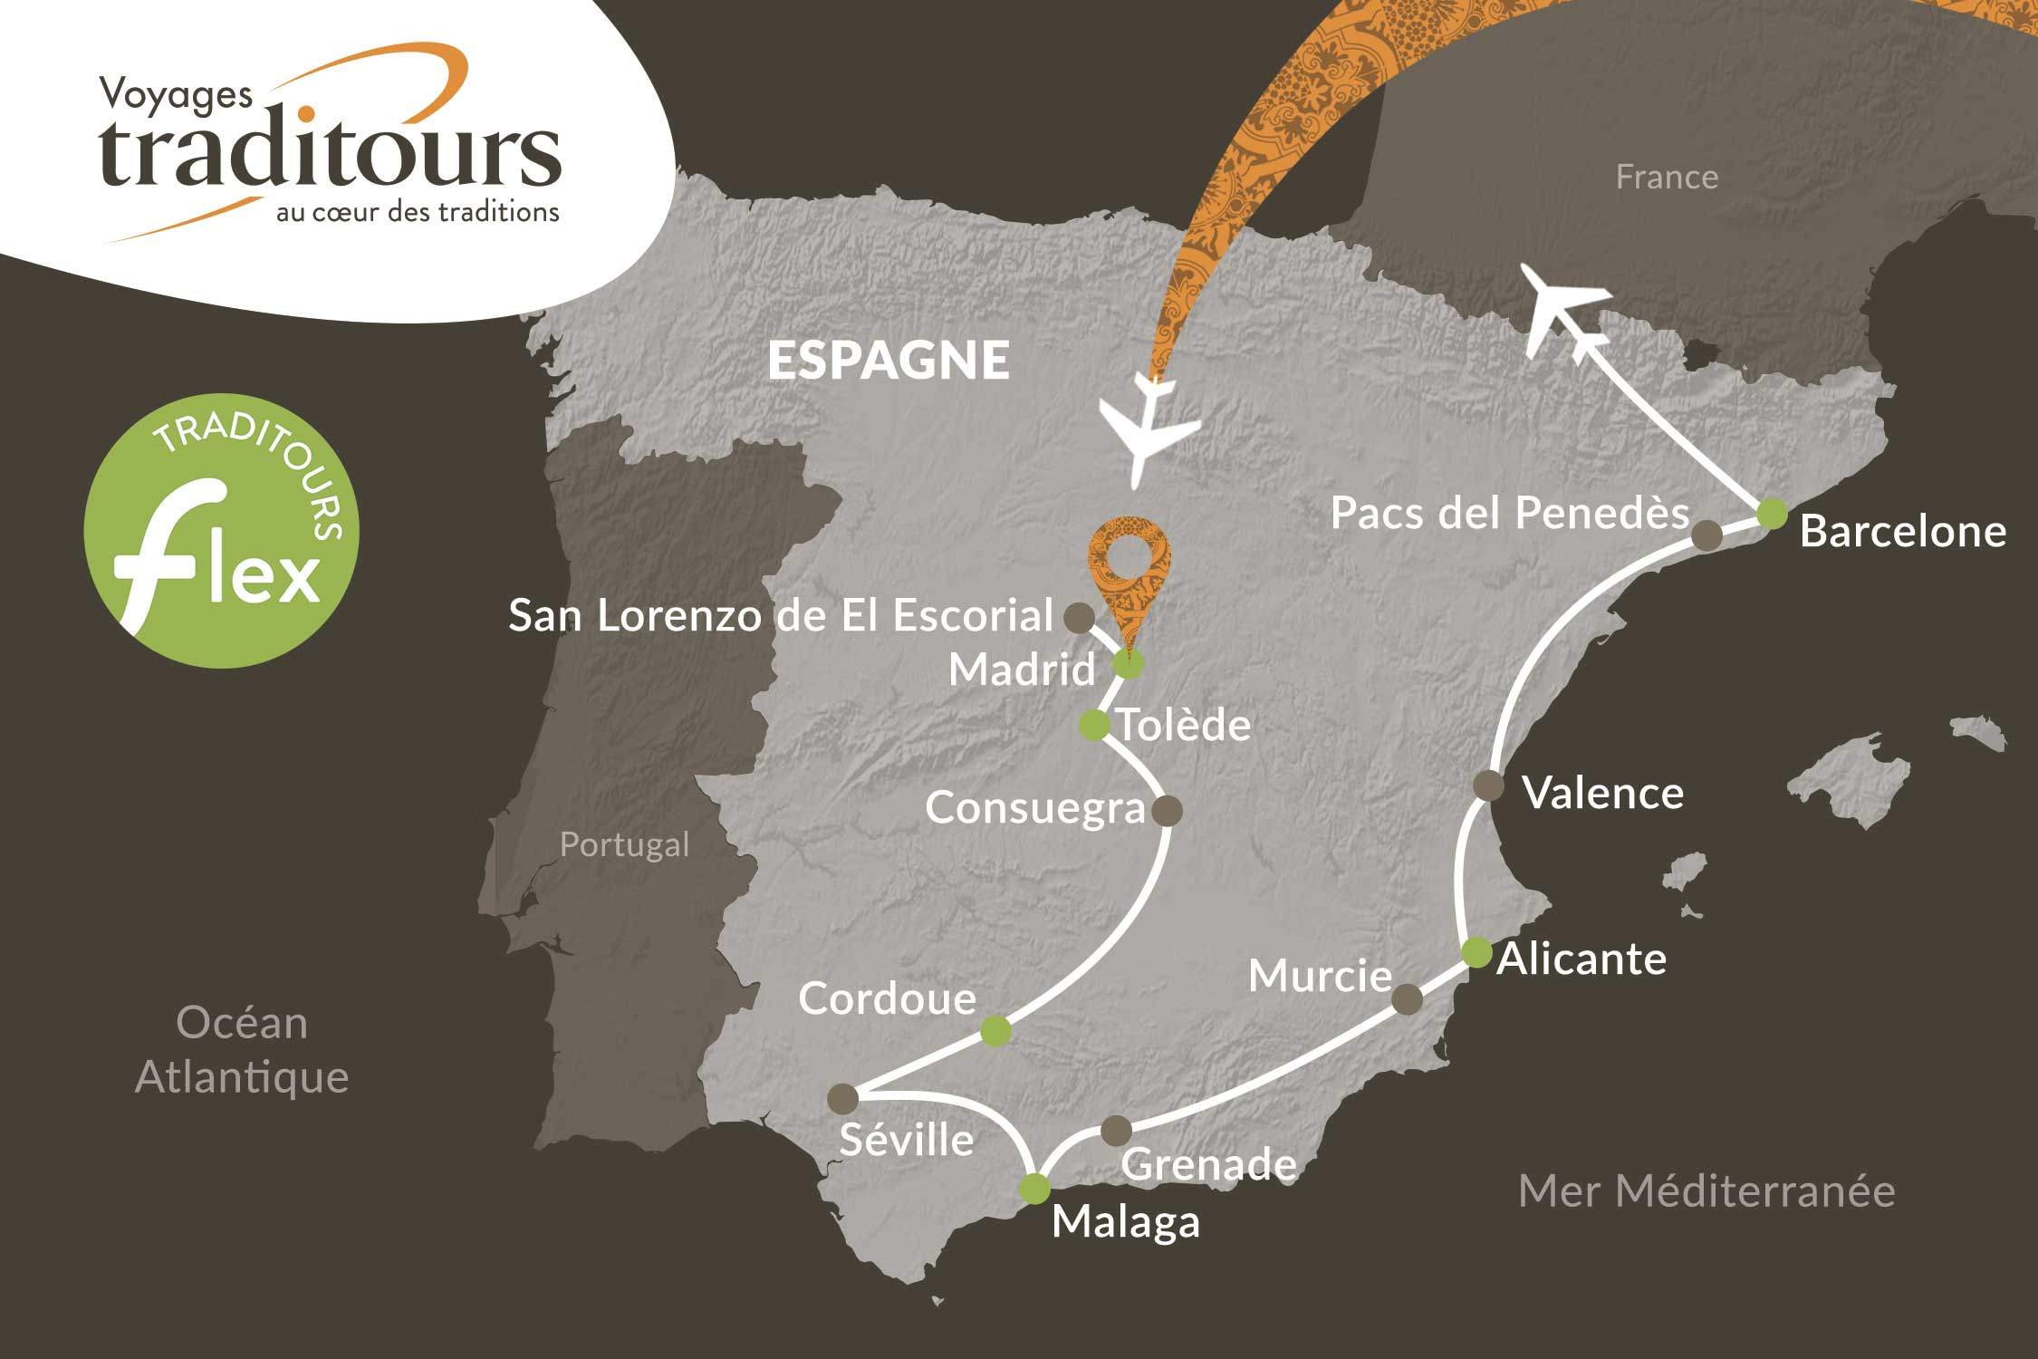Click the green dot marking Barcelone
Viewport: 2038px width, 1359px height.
1772,513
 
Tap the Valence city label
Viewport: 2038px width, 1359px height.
1602,794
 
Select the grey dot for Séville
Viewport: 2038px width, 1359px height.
842,1098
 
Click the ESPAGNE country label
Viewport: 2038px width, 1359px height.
888,361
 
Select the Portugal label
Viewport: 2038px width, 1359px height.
624,844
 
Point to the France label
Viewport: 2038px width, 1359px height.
1667,177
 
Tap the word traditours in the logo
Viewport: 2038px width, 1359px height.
331,154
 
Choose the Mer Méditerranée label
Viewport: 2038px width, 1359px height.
1706,1190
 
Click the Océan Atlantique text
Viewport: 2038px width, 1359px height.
242,1050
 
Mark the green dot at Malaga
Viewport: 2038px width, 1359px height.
1034,1188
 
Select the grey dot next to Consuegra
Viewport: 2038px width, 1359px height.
1166,810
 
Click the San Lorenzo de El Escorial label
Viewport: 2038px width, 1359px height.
781,616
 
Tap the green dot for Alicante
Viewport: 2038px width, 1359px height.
1476,952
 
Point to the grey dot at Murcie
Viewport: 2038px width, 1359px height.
1406,999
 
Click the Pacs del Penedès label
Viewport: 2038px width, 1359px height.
1509,514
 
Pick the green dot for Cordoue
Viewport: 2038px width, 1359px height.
995,1031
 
